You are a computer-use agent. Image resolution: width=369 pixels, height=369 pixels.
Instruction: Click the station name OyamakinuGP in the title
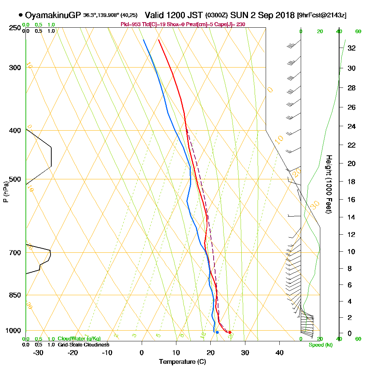point(53,15)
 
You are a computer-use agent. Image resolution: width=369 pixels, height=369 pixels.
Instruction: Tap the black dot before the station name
point(21,15)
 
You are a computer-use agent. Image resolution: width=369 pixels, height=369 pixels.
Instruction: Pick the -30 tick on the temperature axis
point(38,353)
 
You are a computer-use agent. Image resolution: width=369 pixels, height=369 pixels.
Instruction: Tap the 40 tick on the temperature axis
point(279,353)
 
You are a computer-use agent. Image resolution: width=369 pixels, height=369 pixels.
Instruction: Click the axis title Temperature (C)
point(182,362)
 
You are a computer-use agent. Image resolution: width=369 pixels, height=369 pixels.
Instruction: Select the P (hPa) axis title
point(6,192)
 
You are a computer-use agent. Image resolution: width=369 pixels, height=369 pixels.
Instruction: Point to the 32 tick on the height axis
point(352,48)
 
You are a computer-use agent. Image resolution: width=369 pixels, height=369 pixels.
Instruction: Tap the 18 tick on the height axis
point(352,182)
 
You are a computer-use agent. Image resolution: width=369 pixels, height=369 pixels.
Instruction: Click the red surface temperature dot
point(230,332)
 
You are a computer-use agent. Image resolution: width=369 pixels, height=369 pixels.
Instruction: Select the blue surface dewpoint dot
point(217,332)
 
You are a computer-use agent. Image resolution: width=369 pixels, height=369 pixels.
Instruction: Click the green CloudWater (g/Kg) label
point(79,339)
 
